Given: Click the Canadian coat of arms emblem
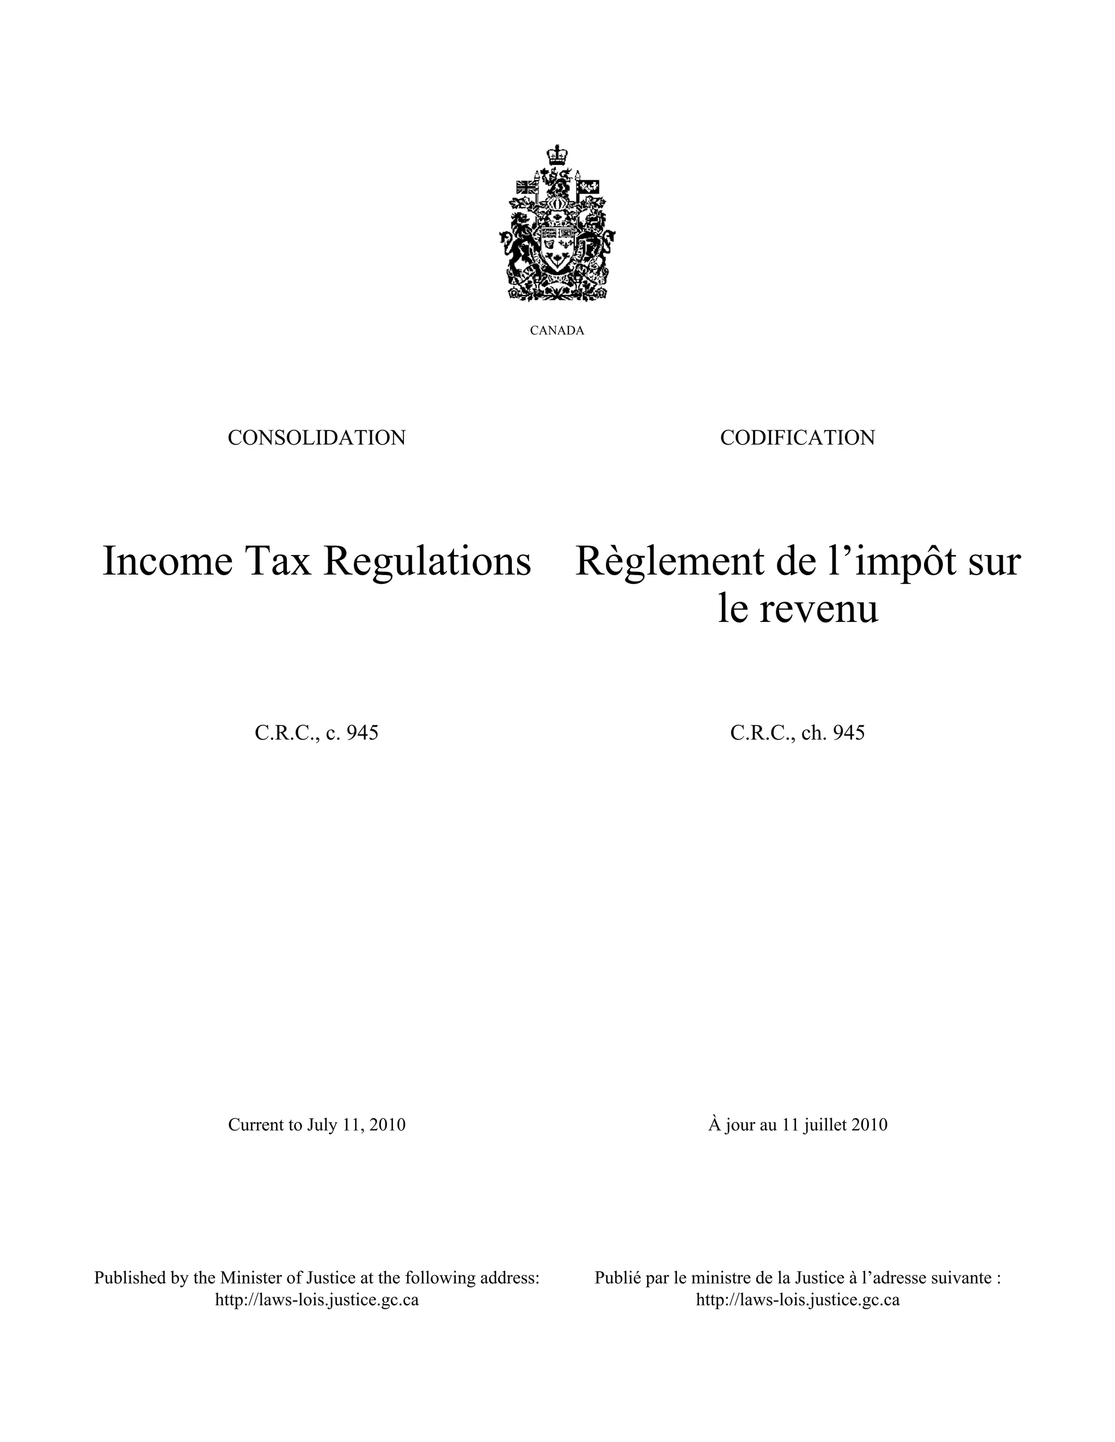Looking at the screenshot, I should [557, 225].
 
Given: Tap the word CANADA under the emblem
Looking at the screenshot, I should [557, 331].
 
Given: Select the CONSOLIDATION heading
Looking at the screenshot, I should [316, 437].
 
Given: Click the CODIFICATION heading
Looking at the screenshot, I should [797, 437].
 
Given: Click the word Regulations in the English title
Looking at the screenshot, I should [427, 562].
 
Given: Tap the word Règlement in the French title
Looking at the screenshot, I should [663, 562].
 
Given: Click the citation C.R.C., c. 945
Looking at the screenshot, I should [316, 733].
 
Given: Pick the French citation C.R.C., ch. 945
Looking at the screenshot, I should [797, 733].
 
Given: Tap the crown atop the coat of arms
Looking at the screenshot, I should [557, 155].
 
